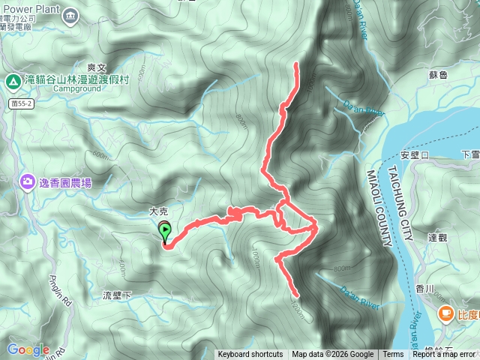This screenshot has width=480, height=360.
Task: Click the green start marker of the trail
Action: pos(165,232)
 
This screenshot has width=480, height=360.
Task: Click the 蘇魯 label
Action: pos(438,75)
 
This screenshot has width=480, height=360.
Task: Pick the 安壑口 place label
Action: pos(414,155)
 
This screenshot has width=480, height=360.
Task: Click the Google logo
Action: pos(28,349)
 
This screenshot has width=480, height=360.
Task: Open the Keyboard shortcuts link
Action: pos(250,355)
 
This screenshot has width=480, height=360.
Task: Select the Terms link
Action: pos(393,355)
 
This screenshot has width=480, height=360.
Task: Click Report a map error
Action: pos(444,355)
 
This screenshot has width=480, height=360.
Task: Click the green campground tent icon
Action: pos(12,80)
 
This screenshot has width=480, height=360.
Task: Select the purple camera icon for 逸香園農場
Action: pos(28,181)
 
